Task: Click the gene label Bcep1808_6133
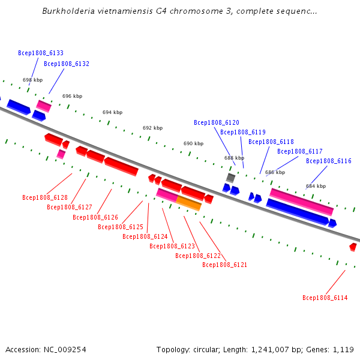pyautogui.click(x=41, y=53)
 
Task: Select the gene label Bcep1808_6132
pyautogui.click(x=67, y=64)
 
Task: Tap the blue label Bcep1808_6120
pyautogui.click(x=217, y=122)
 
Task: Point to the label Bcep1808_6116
pyautogui.click(x=329, y=161)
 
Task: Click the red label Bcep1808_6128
pyautogui.click(x=45, y=197)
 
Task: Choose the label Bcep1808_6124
pyautogui.click(x=145, y=236)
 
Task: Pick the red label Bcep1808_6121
pyautogui.click(x=225, y=265)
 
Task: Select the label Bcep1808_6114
pyautogui.click(x=325, y=298)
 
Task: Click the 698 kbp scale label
pyautogui.click(x=32, y=80)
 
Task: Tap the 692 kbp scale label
pyautogui.click(x=152, y=128)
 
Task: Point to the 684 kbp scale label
pyautogui.click(x=316, y=186)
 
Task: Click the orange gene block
pyautogui.click(x=189, y=203)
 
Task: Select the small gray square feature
pyautogui.click(x=230, y=178)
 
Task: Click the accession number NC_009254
pyautogui.click(x=65, y=350)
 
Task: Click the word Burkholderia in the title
pyautogui.click(x=68, y=11)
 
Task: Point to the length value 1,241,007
pyautogui.click(x=270, y=350)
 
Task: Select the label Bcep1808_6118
pyautogui.click(x=271, y=142)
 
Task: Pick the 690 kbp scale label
pyautogui.click(x=194, y=143)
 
